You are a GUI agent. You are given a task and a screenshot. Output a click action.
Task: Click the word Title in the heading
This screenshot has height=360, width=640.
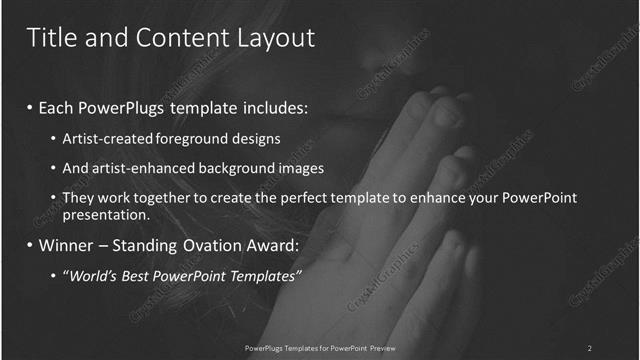click(x=47, y=38)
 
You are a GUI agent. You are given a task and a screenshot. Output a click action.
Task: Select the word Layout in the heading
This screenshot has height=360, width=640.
click(x=271, y=38)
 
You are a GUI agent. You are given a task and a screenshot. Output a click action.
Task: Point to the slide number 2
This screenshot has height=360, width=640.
click(x=589, y=348)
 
